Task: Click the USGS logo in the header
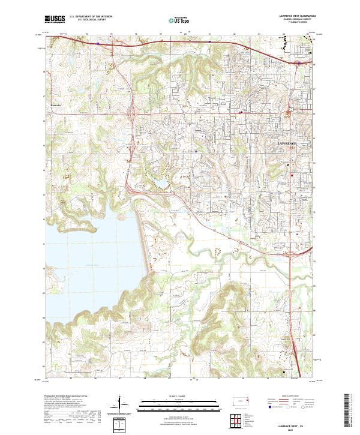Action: tap(55, 19)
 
